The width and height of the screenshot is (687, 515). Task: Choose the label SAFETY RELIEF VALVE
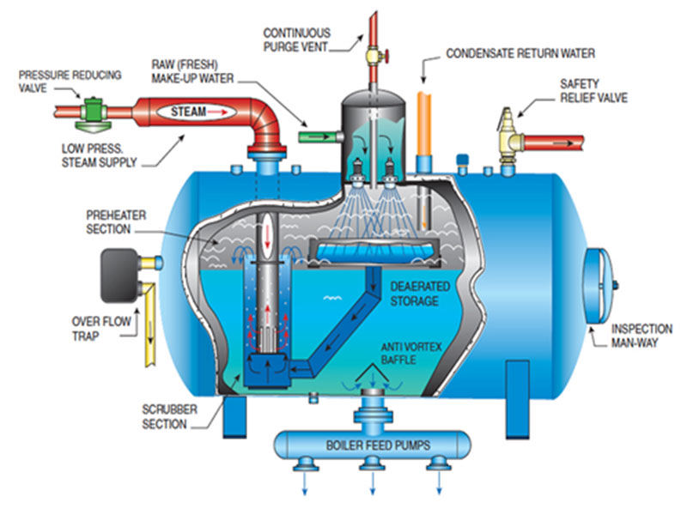point(593,92)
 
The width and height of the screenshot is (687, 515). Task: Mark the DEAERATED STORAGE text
point(415,294)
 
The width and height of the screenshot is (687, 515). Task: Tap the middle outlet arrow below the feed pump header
point(372,485)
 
